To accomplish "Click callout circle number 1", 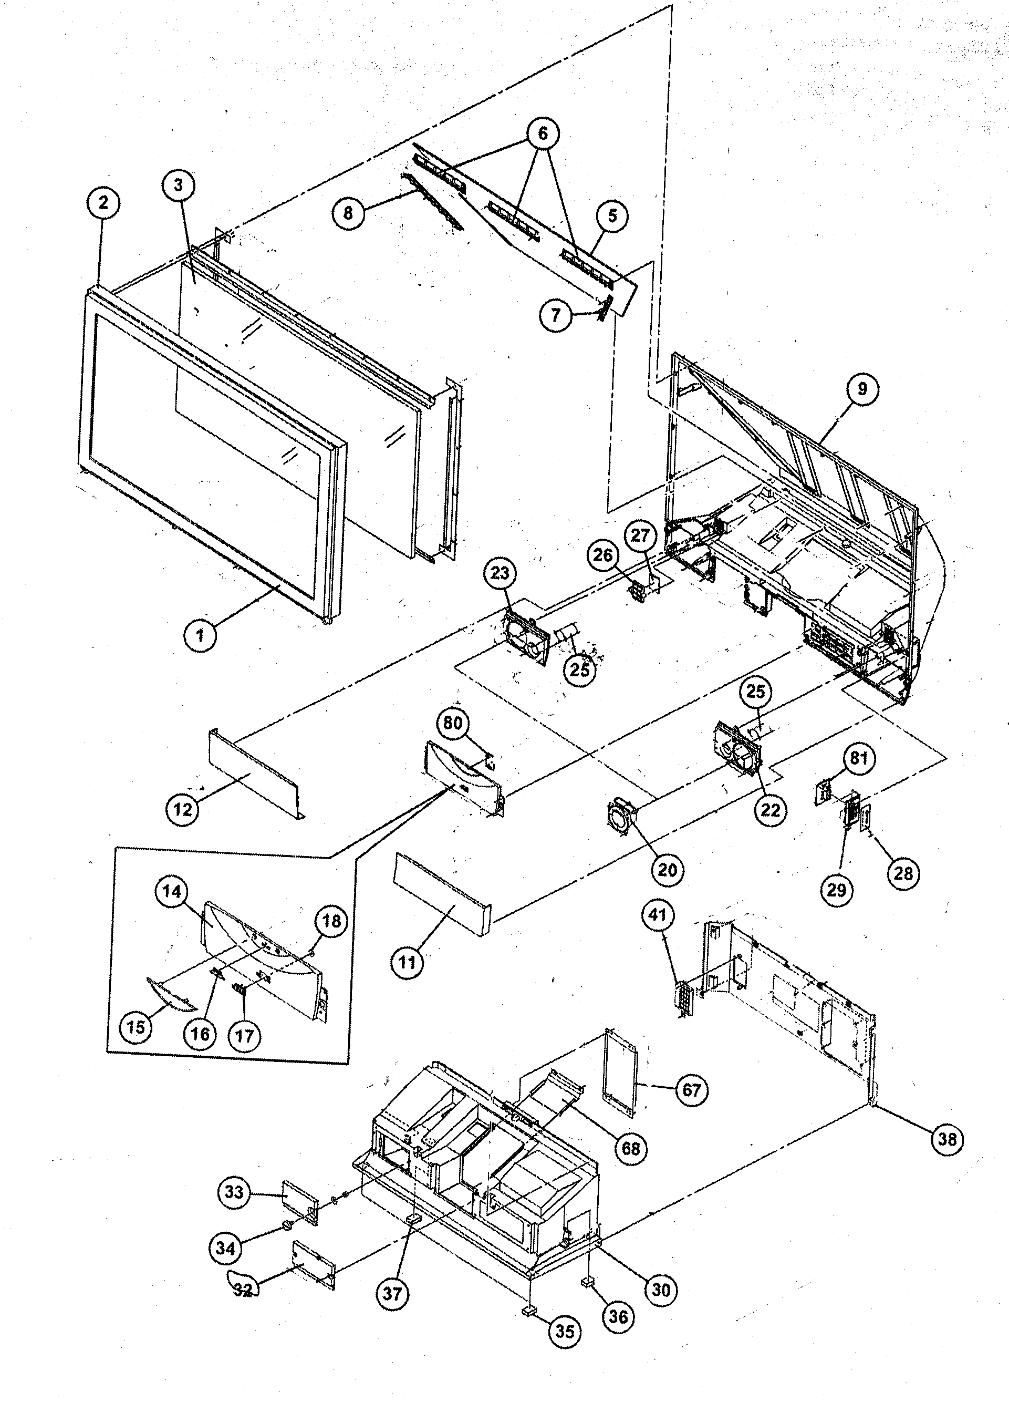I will point(200,635).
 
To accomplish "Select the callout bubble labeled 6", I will point(543,133).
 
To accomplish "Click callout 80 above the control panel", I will point(453,723).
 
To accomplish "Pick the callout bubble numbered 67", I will point(691,1089).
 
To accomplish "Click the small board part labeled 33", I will point(300,1201).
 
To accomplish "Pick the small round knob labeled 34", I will point(287,1226).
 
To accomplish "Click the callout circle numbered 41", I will point(658,914).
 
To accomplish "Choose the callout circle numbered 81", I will point(859,758).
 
